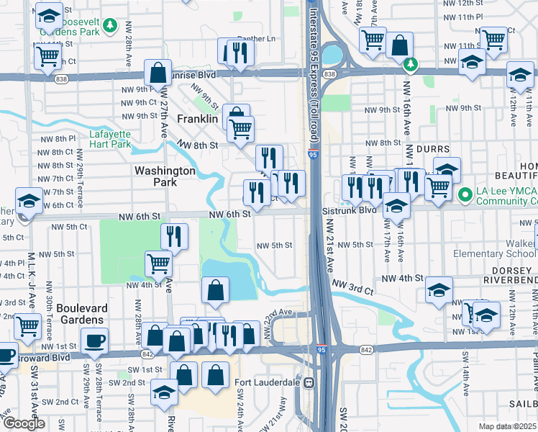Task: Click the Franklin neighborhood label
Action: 197,119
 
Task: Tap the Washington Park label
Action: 165,176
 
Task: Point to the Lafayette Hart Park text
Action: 110,138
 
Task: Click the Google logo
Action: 24,423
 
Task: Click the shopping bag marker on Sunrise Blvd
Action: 158,73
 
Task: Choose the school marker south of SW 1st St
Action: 165,392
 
